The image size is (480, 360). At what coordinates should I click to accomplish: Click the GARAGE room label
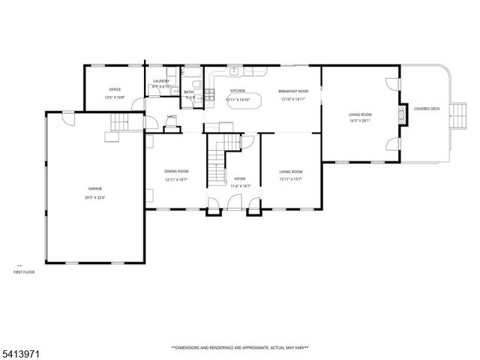click(x=95, y=188)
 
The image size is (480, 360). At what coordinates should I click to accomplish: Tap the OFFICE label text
click(x=115, y=89)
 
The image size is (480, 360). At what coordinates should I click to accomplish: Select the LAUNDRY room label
click(x=161, y=81)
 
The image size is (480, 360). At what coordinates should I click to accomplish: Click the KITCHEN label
click(x=238, y=90)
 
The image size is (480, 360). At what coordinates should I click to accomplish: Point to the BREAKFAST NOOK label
click(x=293, y=90)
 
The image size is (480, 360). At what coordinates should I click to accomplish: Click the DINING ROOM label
click(x=177, y=172)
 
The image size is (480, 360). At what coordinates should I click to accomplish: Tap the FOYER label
click(x=240, y=179)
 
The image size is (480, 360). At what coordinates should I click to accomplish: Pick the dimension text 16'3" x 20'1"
click(x=360, y=121)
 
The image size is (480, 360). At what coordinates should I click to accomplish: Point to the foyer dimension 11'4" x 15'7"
click(x=240, y=187)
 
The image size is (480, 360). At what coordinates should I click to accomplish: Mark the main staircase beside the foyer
click(x=217, y=157)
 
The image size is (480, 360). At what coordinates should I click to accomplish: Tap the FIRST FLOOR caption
click(x=24, y=271)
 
